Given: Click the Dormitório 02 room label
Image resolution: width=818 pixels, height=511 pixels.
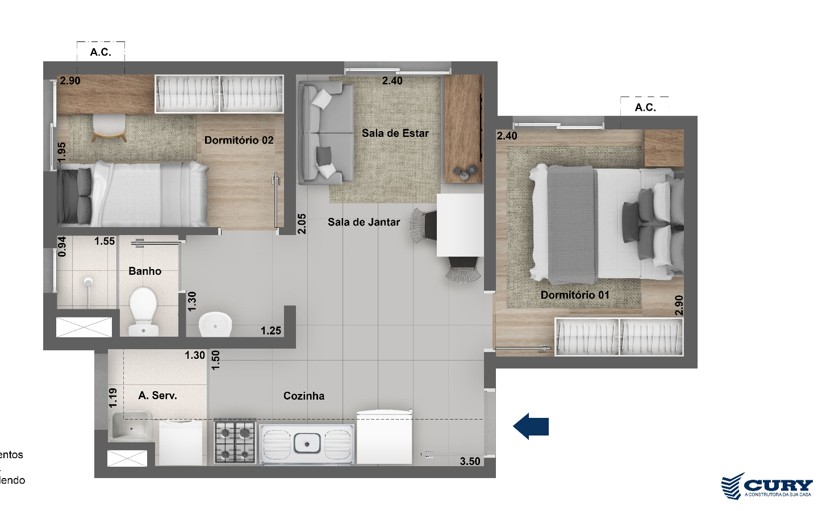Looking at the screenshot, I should (x=239, y=140).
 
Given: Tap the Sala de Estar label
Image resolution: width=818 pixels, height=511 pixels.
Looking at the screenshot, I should (x=395, y=133).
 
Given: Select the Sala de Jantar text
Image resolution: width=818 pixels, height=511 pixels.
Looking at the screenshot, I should (x=364, y=223).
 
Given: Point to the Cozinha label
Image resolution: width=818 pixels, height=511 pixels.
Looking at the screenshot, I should (x=304, y=396).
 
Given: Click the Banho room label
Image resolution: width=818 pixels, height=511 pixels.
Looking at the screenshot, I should (x=145, y=271).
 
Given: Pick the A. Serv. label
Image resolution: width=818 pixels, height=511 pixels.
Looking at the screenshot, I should (x=157, y=396).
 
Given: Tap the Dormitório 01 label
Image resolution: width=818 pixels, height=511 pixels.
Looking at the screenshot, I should (x=575, y=295).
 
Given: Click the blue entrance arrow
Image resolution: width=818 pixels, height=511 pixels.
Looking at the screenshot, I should (x=531, y=426).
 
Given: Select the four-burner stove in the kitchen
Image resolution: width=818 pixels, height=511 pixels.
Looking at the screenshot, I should (x=235, y=441).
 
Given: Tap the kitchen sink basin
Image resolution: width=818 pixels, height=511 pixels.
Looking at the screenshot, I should (x=307, y=442).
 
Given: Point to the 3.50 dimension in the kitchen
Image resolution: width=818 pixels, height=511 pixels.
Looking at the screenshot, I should (x=470, y=462).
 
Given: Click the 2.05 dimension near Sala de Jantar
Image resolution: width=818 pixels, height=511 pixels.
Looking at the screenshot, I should (x=302, y=223).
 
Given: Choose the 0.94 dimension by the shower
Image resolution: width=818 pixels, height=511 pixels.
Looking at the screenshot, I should (x=62, y=246).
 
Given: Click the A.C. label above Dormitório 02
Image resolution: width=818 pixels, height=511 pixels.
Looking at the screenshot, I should (x=101, y=52).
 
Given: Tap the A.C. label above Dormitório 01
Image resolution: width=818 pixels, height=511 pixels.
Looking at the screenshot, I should (x=645, y=107).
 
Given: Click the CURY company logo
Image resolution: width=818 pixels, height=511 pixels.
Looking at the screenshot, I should (x=767, y=487).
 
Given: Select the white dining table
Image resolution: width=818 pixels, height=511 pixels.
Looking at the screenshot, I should (x=460, y=225).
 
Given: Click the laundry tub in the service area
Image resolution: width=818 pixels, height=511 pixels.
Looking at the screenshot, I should (x=131, y=426).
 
